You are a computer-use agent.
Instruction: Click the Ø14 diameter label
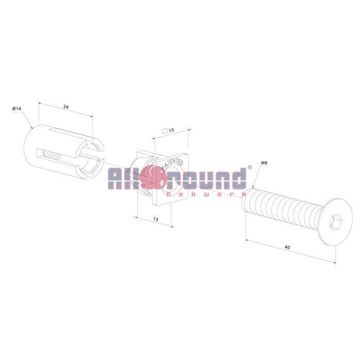16,109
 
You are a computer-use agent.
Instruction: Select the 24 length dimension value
66,107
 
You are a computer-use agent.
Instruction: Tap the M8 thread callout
264,163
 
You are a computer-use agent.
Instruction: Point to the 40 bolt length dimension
287,247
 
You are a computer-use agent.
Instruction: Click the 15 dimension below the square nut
156,219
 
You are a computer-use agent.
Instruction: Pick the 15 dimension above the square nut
171,130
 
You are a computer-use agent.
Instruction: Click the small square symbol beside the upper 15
165,131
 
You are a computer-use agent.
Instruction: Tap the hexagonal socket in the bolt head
335,222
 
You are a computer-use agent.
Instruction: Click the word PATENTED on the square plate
173,163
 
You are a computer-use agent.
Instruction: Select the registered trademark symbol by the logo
250,167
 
